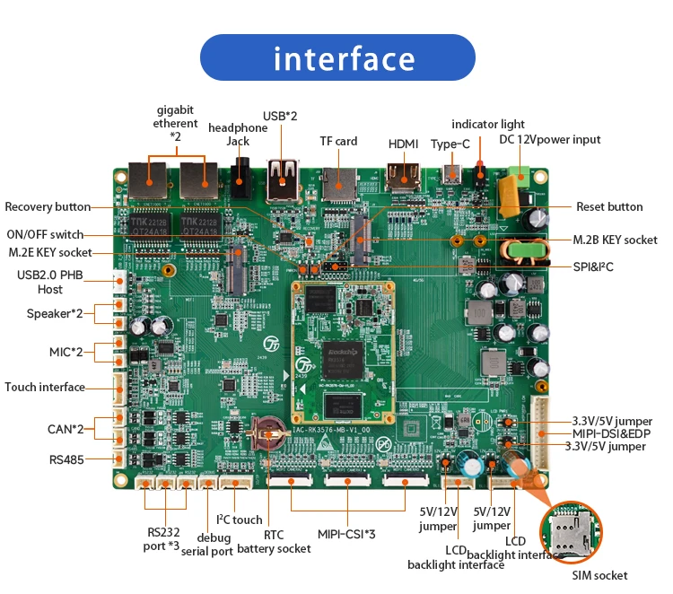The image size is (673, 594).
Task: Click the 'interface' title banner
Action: [345, 58]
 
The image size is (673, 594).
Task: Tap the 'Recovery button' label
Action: [48, 206]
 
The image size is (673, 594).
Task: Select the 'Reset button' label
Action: [609, 206]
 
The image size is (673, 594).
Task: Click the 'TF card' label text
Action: [338, 141]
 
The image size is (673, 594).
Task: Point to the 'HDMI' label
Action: [403, 144]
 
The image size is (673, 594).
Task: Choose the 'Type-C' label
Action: [450, 144]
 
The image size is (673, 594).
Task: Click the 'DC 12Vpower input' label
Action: [550, 139]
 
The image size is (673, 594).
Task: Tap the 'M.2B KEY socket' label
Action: [615, 240]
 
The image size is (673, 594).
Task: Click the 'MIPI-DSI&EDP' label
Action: [616, 433]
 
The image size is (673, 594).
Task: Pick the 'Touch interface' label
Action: [45, 387]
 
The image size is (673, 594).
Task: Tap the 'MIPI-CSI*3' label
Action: [345, 534]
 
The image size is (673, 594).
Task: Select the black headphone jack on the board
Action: [240, 179]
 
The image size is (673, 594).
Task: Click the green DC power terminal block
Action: [517, 173]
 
